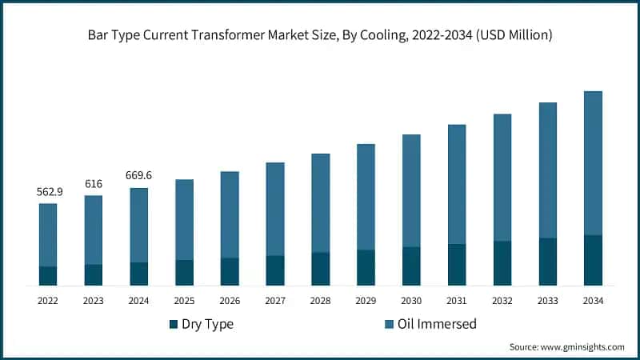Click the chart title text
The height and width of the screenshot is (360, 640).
pos(320,35)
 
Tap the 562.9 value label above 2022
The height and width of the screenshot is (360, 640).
pos(48,192)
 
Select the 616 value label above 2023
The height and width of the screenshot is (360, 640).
pos(94,184)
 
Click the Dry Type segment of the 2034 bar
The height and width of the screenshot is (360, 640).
pos(593,260)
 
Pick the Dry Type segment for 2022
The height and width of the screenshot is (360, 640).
pos(48,276)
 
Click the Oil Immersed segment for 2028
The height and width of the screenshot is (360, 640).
pos(321,202)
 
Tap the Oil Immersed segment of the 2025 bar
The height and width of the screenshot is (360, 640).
pos(185,219)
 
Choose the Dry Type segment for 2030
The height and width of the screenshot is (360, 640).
pos(411,266)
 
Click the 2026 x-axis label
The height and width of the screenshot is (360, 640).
pos(230,301)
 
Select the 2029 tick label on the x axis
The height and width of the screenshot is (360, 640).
pos(366,301)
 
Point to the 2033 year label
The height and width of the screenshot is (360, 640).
pos(547,301)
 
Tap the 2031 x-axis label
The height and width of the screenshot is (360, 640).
pos(457,301)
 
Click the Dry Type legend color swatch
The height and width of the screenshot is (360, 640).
pos(174,325)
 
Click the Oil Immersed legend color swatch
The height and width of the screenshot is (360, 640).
pos(390,325)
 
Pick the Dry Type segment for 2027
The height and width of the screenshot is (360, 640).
pos(275,270)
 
